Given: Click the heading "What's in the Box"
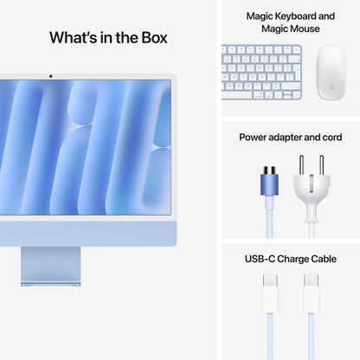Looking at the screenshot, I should coord(108,37).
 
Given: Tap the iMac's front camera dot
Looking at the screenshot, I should coord(50,76).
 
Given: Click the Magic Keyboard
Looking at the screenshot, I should coord(261,68).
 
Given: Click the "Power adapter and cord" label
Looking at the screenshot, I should coord(290,137).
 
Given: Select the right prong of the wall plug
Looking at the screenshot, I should coord(320,165).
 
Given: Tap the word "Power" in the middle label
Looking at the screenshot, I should coord(253,137).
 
